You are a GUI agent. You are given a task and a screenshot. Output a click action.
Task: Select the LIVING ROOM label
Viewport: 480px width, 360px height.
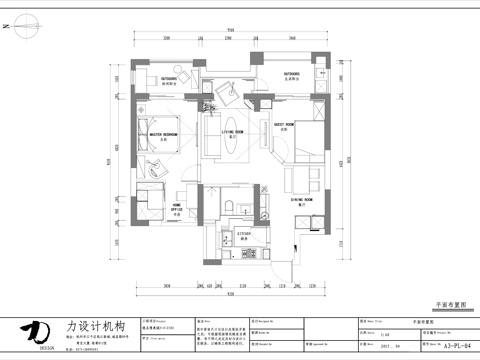click(234, 131)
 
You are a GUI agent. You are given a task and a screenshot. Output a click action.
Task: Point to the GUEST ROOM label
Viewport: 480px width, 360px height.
click(284, 125)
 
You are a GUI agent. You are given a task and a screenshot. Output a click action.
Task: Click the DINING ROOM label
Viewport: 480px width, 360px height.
click(304, 200)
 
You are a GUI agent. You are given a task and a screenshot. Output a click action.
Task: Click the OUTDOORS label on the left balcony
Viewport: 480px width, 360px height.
click(170, 76)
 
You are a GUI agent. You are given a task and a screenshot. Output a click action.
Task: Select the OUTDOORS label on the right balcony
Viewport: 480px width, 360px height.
click(293, 74)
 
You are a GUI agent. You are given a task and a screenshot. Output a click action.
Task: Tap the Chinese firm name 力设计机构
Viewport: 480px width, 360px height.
click(95, 327)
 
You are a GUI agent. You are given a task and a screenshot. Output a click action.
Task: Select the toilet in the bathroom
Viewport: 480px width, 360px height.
click(228, 207)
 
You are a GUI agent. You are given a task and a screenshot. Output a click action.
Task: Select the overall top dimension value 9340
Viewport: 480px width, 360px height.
click(231, 30)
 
